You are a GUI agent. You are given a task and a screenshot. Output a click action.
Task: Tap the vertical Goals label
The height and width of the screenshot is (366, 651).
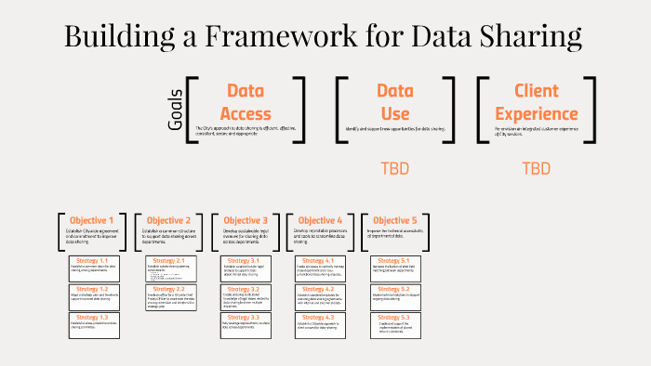point(177,109)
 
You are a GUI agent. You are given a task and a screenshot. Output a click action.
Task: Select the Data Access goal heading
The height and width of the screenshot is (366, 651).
point(246,102)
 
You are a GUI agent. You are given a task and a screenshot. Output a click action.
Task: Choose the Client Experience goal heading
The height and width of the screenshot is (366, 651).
point(536,102)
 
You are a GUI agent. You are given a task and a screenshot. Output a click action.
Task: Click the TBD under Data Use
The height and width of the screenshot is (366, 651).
point(395,169)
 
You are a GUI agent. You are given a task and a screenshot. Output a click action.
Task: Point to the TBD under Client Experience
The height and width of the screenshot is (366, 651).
point(536,169)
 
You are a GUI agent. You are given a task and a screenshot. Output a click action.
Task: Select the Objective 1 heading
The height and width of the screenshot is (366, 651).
point(92,220)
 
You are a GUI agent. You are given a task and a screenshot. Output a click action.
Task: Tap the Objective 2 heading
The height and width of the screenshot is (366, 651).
point(168,220)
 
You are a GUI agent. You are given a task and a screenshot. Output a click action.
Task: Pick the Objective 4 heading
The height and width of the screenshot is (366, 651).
point(319,220)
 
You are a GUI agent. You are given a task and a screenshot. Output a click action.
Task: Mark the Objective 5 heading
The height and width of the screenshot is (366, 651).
point(394,220)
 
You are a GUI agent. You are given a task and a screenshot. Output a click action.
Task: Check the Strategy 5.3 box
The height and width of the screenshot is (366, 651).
point(394,322)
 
